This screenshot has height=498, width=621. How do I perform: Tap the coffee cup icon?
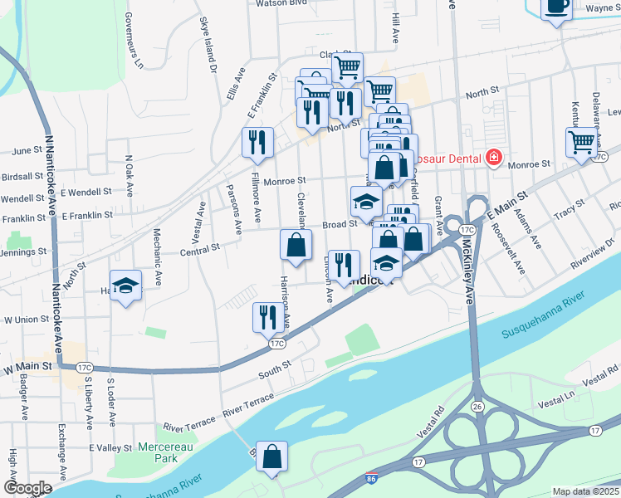(556, 7)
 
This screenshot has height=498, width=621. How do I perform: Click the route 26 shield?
(478, 407)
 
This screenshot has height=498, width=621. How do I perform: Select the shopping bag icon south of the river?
(271, 456)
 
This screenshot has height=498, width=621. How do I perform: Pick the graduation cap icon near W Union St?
(125, 286)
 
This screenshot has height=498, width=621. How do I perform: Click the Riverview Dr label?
(590, 257)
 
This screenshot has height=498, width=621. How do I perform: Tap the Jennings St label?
(22, 251)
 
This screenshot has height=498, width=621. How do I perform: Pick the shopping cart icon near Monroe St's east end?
(581, 142)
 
